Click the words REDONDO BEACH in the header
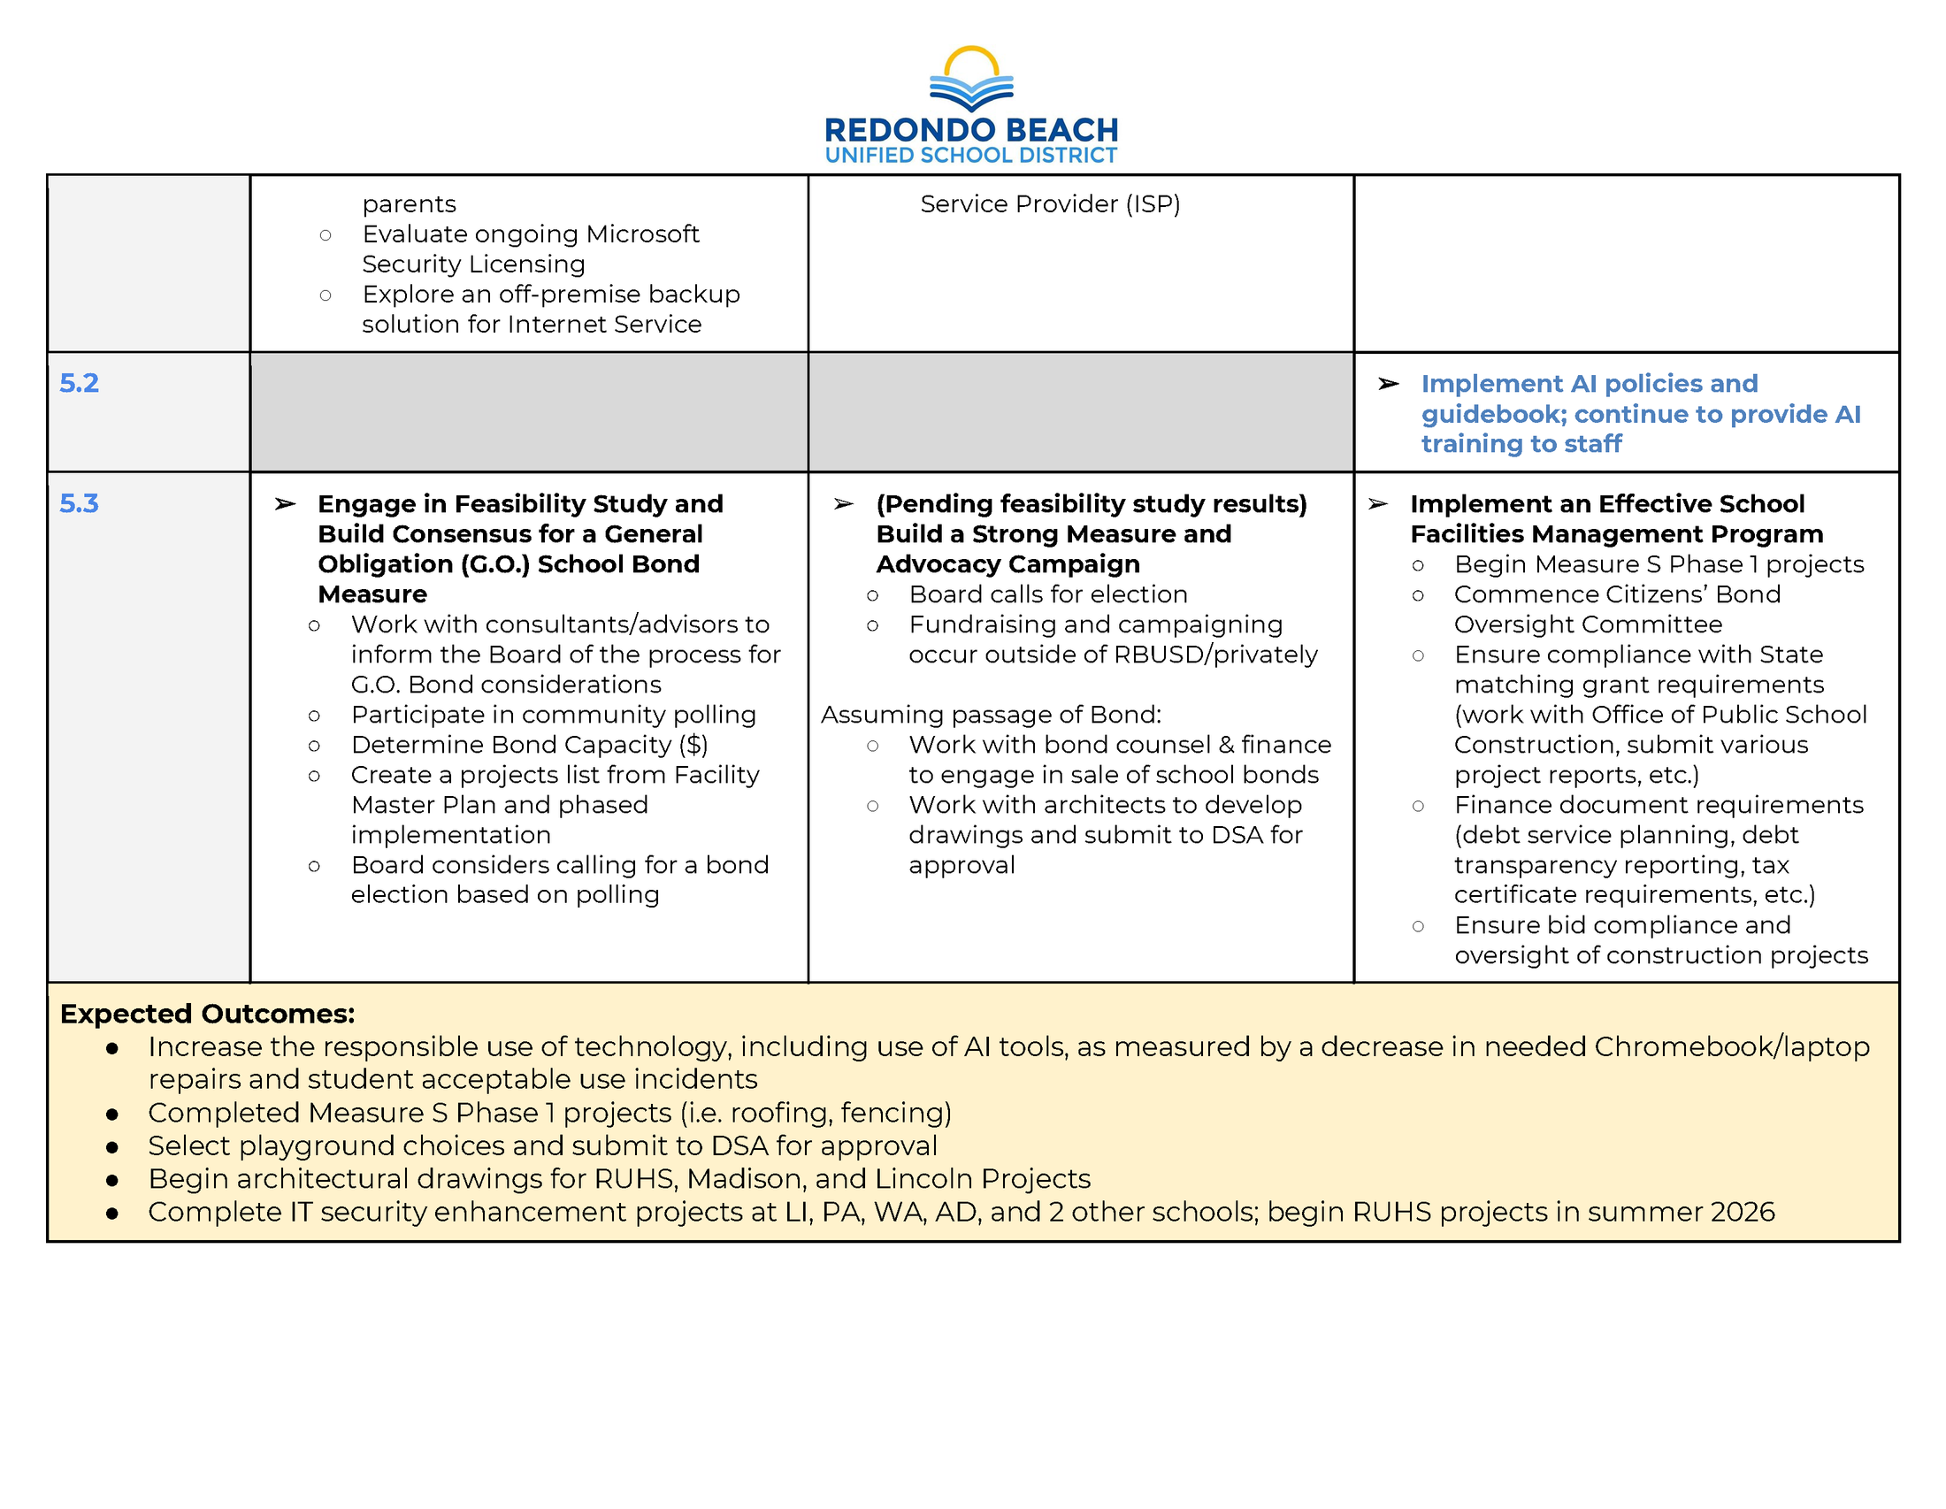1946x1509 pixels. pos(971,130)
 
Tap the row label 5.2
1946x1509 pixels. pos(80,383)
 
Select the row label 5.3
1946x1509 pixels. pos(80,503)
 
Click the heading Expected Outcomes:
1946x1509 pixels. pos(208,1014)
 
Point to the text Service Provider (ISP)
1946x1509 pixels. pos(1050,204)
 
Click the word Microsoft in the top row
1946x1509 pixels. pos(642,234)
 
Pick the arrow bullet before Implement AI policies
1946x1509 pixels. pos(1388,384)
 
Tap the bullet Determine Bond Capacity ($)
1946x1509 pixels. pos(529,745)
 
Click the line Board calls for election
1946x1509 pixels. pos(1048,594)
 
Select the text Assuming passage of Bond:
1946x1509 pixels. pos(991,715)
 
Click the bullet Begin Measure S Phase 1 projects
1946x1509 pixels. pos(1659,563)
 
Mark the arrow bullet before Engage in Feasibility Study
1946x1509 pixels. pos(285,504)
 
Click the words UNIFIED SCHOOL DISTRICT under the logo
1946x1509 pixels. pos(971,156)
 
